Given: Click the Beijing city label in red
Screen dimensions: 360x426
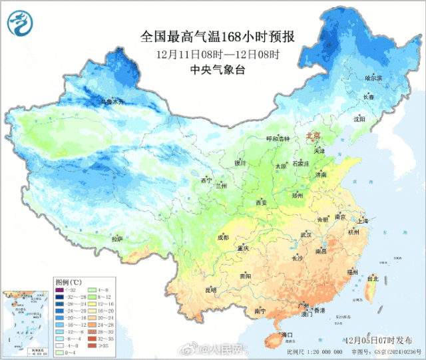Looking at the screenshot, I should point(312,135).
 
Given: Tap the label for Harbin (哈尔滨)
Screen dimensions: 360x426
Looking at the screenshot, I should point(375,79).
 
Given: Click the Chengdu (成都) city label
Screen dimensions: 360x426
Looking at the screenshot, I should point(222,237).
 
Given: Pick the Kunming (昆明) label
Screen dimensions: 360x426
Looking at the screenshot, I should point(210,289).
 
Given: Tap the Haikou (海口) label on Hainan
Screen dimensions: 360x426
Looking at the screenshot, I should point(288,333).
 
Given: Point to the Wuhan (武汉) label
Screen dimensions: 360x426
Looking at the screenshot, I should point(306,234).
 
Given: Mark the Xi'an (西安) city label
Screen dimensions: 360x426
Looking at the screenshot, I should point(260,202).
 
